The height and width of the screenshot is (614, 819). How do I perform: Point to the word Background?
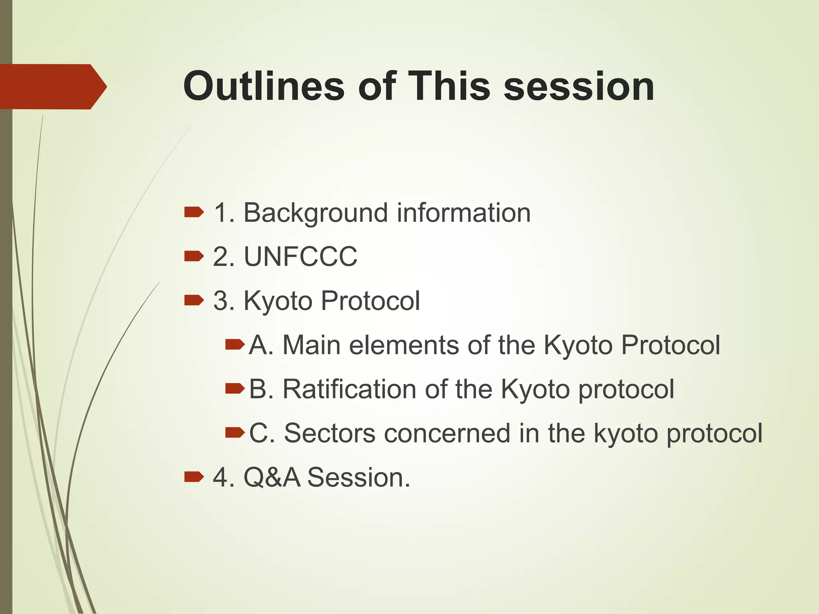[316, 213]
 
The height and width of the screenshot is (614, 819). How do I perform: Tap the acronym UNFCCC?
[300, 257]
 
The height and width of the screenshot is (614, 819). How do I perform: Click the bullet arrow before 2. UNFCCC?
[194, 256]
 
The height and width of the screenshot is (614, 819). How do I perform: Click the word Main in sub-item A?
[311, 345]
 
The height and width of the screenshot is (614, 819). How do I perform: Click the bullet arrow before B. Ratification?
[235, 388]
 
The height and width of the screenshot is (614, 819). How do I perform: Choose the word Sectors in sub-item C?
[330, 433]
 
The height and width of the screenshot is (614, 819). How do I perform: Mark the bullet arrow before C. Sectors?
[235, 432]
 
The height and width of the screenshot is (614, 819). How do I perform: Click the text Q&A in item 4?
[272, 478]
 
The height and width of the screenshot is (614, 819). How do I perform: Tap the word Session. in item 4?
[359, 478]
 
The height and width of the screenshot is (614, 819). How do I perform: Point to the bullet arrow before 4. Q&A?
[194, 476]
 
